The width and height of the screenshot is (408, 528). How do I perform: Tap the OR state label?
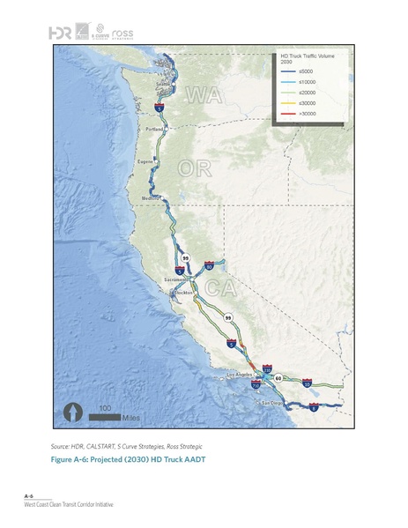[x=194, y=168]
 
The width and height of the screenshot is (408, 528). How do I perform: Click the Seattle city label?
[x=164, y=86]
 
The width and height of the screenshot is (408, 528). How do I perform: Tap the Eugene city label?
[x=145, y=163]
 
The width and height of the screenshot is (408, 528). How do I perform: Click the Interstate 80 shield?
[x=209, y=264]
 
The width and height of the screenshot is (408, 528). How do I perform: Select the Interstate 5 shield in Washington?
[x=159, y=106]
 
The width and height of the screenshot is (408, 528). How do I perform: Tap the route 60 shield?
[x=278, y=377]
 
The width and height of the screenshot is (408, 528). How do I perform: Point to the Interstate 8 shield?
[x=314, y=407]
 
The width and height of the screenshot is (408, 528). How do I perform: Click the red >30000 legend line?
[x=286, y=113]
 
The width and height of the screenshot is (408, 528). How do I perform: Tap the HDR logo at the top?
[x=60, y=33]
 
